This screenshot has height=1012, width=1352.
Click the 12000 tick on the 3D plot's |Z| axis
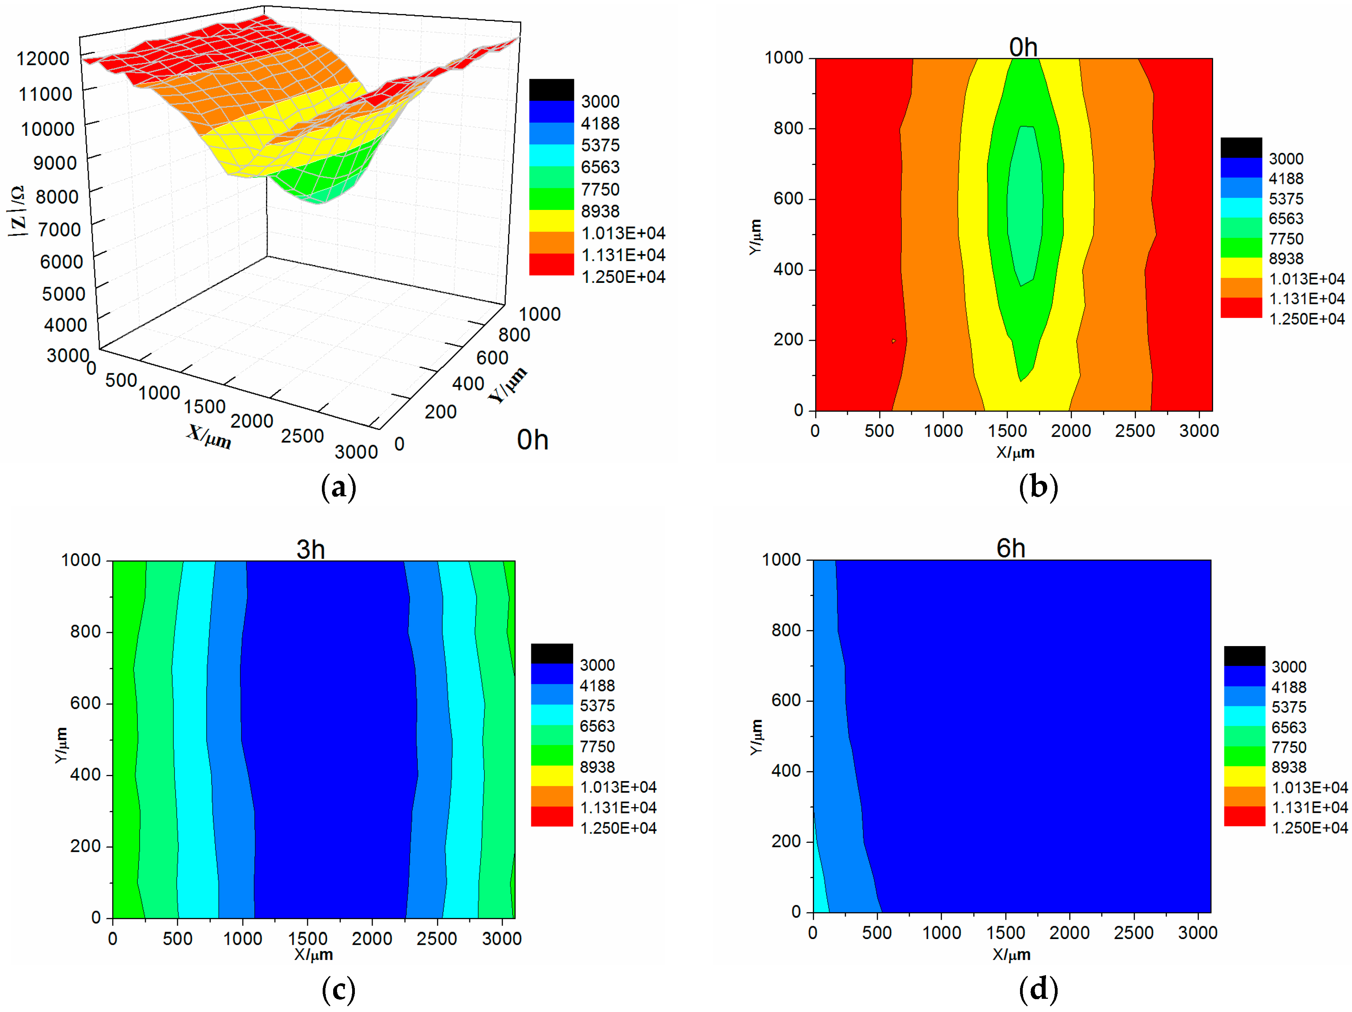pos(43,59)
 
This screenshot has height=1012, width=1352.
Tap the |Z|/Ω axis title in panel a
pos(17,211)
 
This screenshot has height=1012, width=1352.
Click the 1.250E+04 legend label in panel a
pos(623,277)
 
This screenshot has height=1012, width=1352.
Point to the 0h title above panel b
pos(1023,47)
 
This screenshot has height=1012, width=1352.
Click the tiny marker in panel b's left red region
pos(894,341)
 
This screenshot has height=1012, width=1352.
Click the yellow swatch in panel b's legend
pos(1241,268)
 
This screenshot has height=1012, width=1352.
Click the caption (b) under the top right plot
pos(1038,487)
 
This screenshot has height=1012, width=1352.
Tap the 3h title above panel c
pos(311,549)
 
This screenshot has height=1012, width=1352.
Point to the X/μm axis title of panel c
pos(313,955)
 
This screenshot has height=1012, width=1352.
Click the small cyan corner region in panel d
pos(819,887)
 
